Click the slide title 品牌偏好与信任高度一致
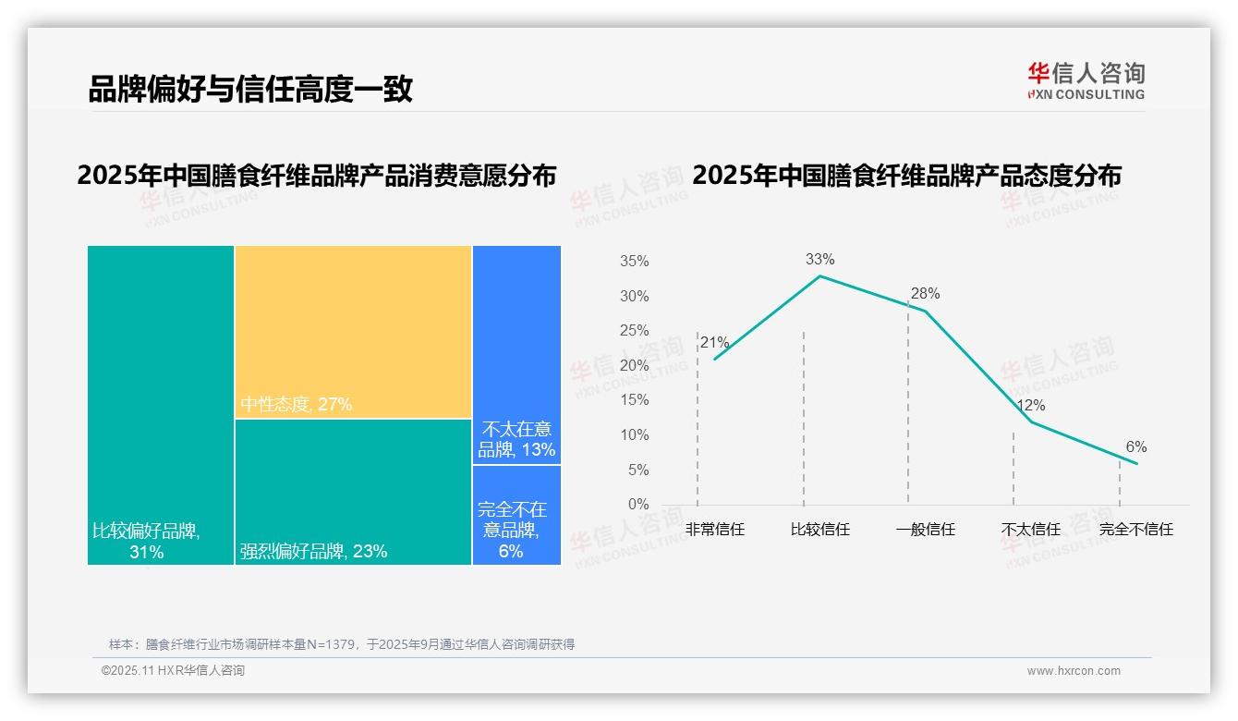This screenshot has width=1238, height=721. point(249,90)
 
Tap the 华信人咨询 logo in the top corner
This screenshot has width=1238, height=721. point(1086,80)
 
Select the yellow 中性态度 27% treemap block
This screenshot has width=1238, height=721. point(353,332)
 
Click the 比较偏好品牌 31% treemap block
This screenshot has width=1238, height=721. point(161,404)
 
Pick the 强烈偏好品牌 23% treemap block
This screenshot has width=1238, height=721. point(353,491)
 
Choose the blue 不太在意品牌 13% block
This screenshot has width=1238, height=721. point(516,355)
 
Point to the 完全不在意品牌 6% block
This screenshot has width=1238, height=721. point(516,515)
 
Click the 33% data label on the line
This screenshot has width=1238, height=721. point(819,260)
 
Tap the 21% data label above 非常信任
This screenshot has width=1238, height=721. point(714,343)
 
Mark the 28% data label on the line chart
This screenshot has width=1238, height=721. point(925,294)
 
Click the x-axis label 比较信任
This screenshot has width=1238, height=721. point(819,530)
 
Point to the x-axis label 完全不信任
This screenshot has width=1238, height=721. point(1135,530)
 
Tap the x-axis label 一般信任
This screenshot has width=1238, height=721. point(925,530)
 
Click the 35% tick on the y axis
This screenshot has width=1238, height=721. point(634,262)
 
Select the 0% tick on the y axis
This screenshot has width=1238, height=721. point(638,505)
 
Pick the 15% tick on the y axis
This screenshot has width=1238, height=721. point(634,400)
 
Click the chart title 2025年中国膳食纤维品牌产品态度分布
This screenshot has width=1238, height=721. point(906,176)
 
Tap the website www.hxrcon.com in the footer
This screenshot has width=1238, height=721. point(1074,671)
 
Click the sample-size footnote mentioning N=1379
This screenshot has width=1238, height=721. point(342,644)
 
